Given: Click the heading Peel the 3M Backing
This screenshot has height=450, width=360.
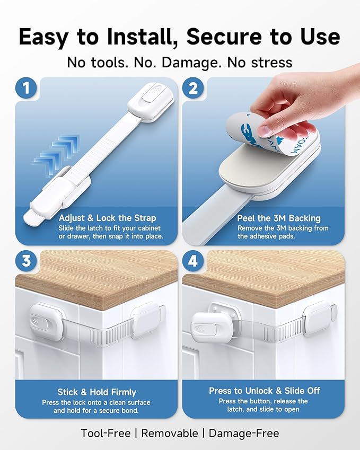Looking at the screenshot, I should (279, 218).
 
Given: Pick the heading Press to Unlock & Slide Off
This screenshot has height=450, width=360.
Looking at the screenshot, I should (264, 391).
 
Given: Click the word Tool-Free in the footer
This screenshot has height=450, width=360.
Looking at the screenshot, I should (104, 433).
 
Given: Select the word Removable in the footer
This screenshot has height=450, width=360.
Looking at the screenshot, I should (169, 433).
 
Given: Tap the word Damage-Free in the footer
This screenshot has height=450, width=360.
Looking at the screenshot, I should (244, 433).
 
